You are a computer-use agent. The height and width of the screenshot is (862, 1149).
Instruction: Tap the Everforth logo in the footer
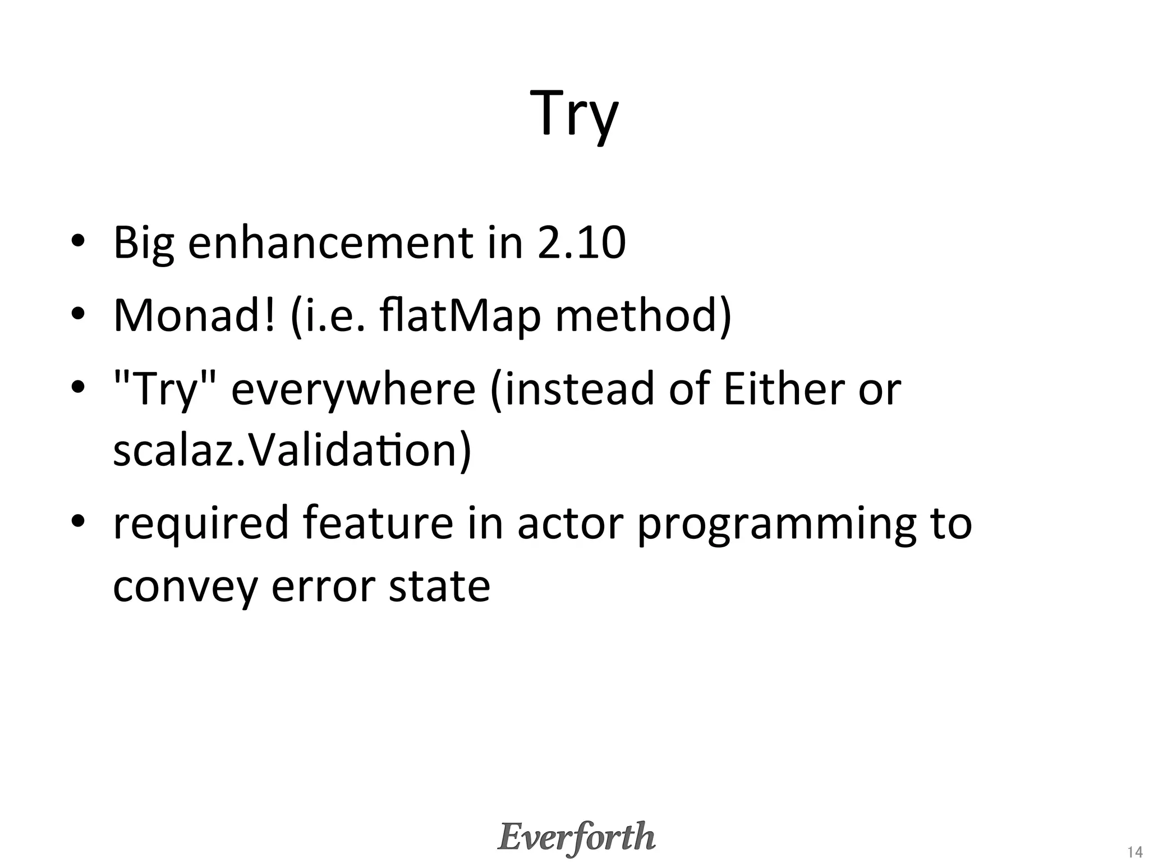pos(576,837)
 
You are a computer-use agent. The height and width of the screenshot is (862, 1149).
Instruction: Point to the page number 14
pos(1134,851)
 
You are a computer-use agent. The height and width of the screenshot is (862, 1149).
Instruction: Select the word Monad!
pos(195,315)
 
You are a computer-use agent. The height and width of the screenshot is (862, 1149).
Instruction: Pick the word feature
pos(378,523)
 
